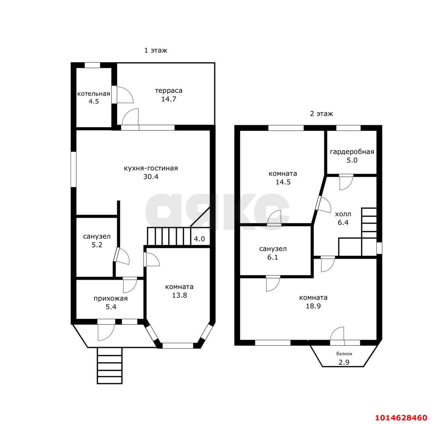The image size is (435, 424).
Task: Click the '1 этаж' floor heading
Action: (156, 51)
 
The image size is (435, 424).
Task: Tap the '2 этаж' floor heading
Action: (321, 114)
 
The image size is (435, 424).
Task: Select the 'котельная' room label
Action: (94, 94)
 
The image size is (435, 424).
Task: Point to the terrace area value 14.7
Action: (169, 99)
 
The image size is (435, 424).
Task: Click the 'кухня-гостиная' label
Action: (151, 168)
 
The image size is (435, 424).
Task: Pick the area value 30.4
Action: (151, 177)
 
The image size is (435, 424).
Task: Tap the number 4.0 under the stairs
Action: (199, 239)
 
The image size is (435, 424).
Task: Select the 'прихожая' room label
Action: (111, 298)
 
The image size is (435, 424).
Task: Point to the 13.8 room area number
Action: (179, 295)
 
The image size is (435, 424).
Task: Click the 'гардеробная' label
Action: (352, 152)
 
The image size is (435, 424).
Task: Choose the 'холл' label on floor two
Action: (343, 214)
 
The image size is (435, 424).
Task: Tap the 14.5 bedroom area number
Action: (283, 182)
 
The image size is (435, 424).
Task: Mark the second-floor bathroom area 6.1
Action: (273, 257)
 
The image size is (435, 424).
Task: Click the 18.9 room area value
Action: (313, 306)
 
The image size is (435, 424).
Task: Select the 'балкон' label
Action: (344, 354)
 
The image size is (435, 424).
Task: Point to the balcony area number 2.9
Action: (344, 362)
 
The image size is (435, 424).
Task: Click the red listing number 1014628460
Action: (401, 418)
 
